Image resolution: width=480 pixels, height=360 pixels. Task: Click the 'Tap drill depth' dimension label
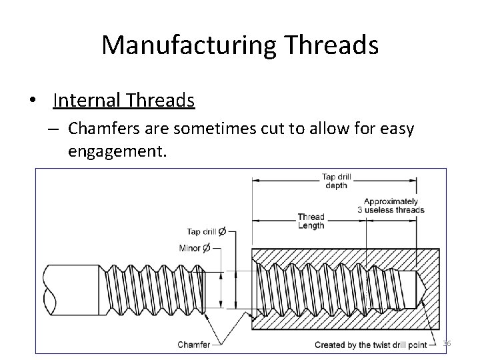coord(336,181)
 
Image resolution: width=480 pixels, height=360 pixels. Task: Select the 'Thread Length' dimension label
coord(311,221)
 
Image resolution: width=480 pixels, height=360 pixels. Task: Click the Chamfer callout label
coord(194,345)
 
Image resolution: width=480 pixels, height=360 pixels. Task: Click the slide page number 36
coord(447,343)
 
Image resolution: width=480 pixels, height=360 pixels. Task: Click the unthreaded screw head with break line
coord(71,291)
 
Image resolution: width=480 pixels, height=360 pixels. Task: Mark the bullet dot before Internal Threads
coord(32,101)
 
